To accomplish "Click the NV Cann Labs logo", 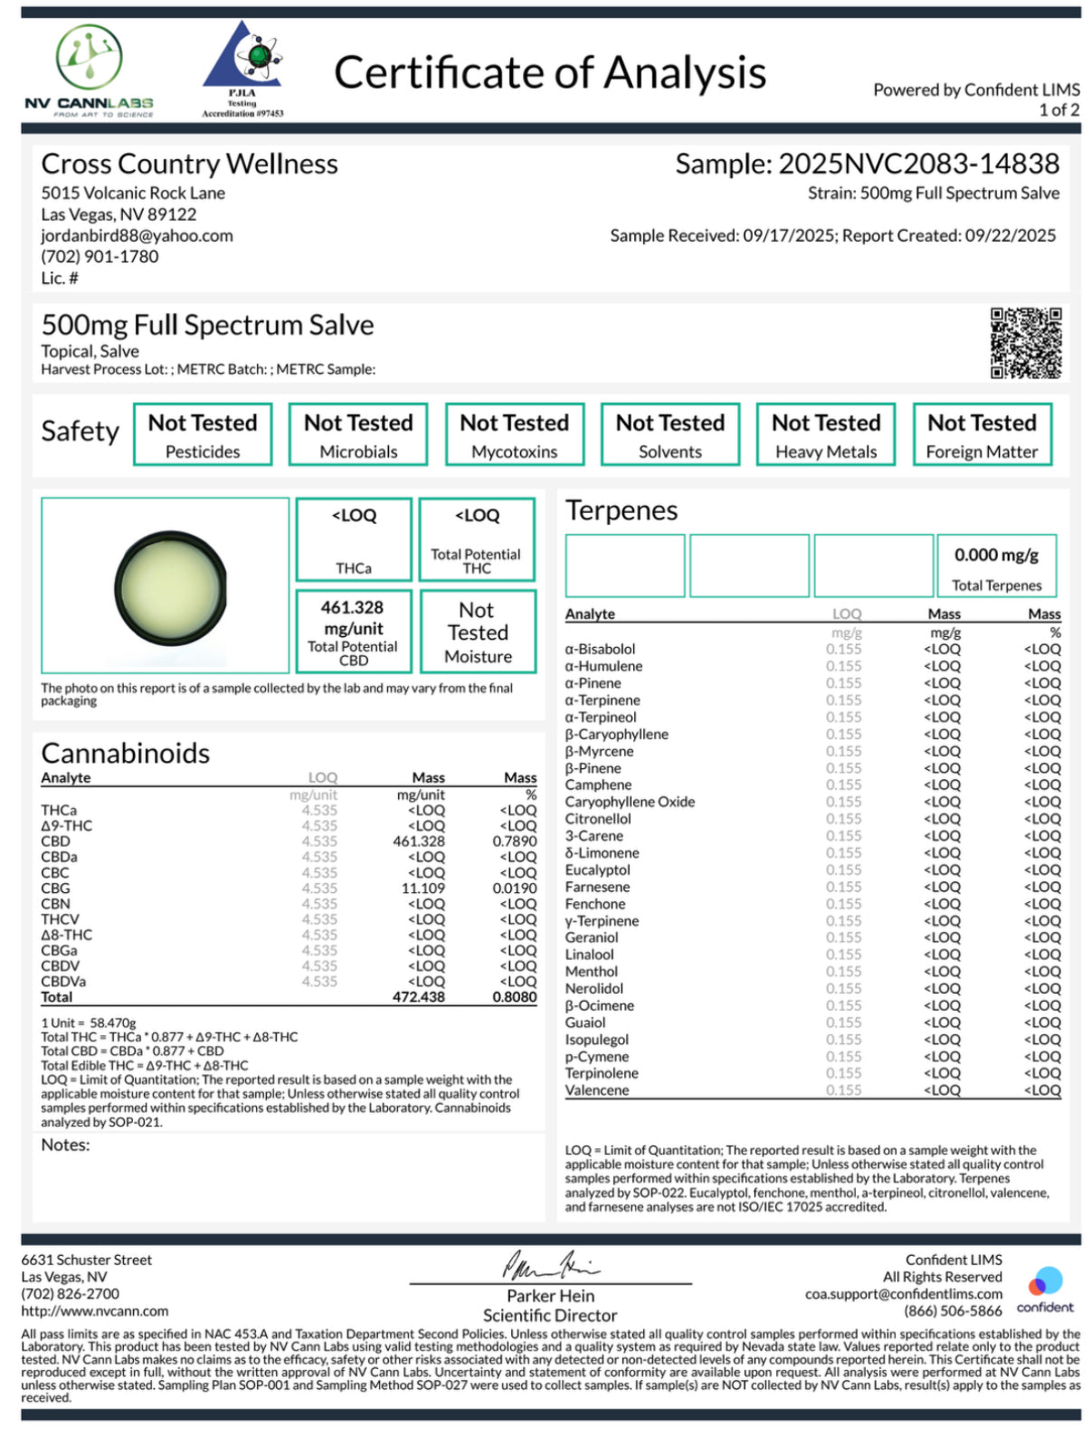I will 89,71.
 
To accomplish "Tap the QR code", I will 1025,343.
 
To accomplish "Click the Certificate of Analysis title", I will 550,73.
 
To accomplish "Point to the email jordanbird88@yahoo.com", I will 137,235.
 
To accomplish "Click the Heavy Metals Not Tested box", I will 825,434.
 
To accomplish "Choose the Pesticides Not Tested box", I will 203,434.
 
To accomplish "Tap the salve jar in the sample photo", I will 171,587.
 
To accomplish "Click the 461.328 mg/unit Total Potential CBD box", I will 353,631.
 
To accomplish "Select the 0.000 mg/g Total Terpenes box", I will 996,566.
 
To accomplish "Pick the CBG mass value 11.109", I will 422,889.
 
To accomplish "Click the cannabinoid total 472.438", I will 418,997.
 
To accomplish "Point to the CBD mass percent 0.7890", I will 514,842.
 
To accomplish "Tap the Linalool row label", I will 589,955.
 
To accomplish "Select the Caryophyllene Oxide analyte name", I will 630,802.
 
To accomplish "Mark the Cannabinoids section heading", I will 125,753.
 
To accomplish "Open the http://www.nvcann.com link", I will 95,1311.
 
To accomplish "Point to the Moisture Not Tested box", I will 478,631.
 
